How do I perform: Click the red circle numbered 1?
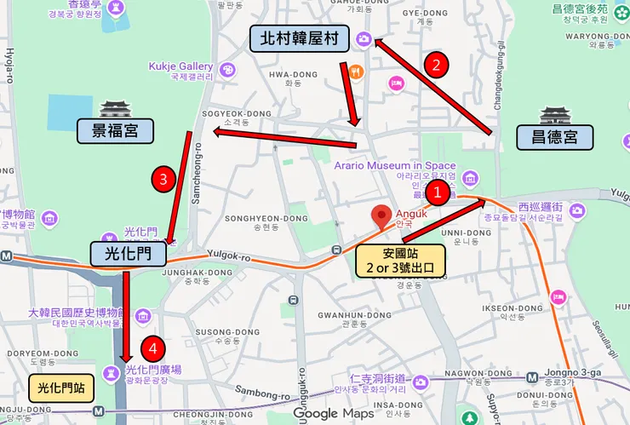[438, 192]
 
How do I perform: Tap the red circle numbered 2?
[437, 64]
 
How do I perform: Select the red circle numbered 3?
[163, 179]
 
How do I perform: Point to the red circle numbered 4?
[153, 347]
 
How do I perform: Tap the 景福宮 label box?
[115, 130]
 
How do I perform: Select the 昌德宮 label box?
[555, 136]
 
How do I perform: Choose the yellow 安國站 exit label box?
[400, 261]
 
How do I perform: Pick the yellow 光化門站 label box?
[61, 388]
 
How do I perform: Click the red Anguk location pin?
[383, 216]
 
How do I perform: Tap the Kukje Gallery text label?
[180, 66]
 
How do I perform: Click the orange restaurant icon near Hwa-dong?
[357, 72]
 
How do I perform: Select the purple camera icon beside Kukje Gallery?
[227, 69]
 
